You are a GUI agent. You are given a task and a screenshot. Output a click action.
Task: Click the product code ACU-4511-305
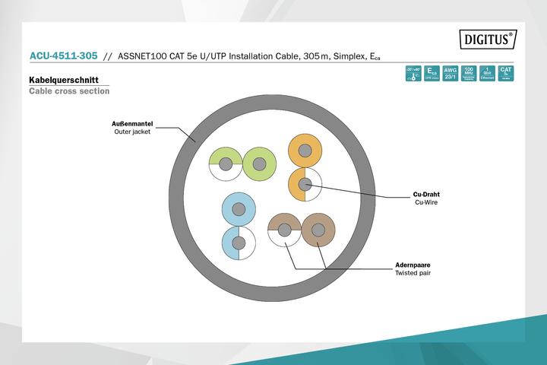point(63,56)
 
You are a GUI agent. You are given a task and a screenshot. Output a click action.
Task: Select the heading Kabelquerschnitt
point(64,79)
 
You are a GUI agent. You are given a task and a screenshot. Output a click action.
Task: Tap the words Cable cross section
point(69,91)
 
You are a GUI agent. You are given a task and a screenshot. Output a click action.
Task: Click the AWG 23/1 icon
point(450,74)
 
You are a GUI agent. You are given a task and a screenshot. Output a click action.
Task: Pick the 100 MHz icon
point(469,74)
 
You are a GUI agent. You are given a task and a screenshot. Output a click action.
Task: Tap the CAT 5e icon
point(506,74)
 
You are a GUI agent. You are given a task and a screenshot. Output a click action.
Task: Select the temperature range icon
point(413,74)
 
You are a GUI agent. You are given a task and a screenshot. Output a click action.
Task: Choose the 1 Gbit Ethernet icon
point(487,74)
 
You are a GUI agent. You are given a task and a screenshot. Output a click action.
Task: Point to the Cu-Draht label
point(426,193)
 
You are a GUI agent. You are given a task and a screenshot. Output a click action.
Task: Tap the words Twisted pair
point(413,273)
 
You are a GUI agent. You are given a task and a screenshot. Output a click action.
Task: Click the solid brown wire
point(318,230)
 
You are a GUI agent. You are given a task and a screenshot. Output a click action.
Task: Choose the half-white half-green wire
point(226,163)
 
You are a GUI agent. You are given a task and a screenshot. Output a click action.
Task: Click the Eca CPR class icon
point(432,74)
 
